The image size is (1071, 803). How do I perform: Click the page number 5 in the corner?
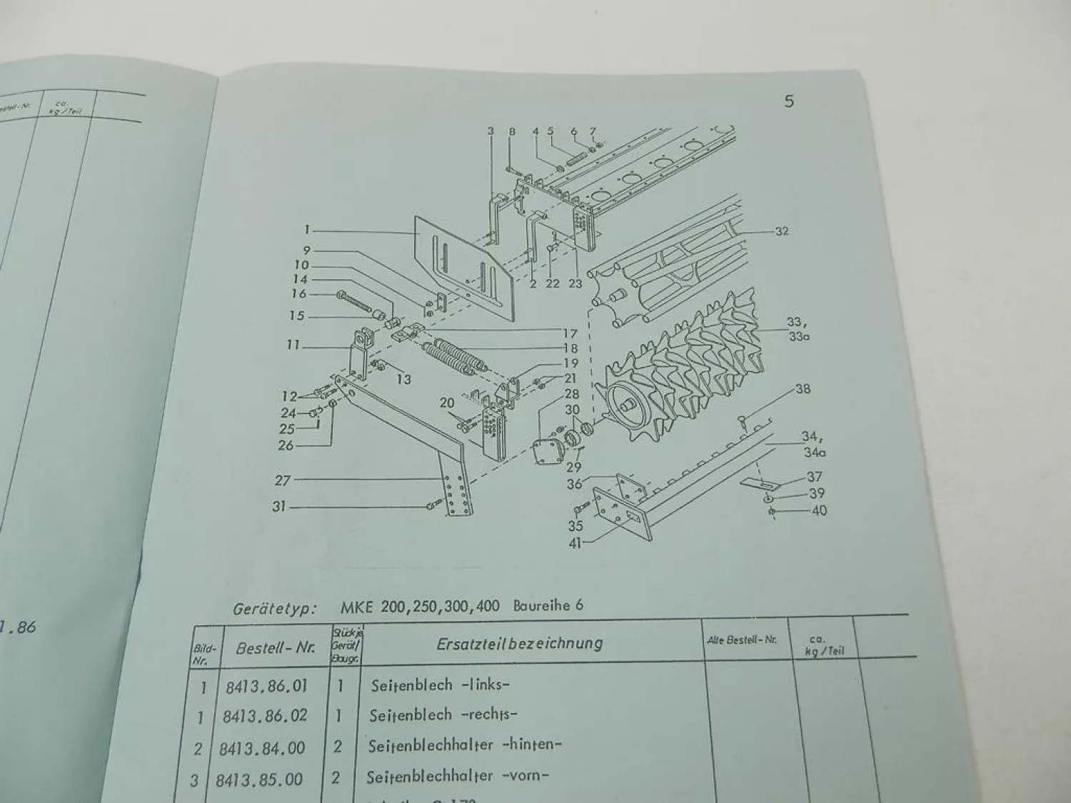pyautogui.click(x=788, y=101)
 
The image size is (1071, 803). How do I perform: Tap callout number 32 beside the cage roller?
pyautogui.click(x=780, y=231)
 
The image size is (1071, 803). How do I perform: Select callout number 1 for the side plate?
pyautogui.click(x=306, y=230)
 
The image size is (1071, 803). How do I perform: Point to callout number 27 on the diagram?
pyautogui.click(x=283, y=480)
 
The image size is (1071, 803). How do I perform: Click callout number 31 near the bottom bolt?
pyautogui.click(x=278, y=506)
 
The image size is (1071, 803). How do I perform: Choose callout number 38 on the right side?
pyautogui.click(x=803, y=390)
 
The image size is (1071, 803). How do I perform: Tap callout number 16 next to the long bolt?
pyautogui.click(x=298, y=293)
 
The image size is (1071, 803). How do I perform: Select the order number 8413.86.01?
pyautogui.click(x=266, y=686)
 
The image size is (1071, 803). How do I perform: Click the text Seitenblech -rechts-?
pyautogui.click(x=443, y=715)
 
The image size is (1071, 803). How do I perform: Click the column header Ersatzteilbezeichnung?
pyautogui.click(x=519, y=643)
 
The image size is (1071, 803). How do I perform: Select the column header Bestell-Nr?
pyautogui.click(x=275, y=649)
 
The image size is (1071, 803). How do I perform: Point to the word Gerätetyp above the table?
pyautogui.click(x=274, y=610)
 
